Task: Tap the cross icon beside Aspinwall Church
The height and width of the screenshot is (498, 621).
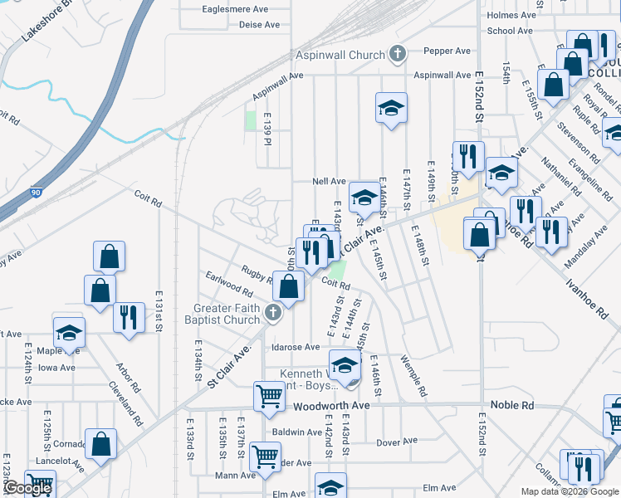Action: click(398, 55)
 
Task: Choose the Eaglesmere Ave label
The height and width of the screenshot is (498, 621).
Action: click(236, 10)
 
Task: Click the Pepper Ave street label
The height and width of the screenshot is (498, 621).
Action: click(447, 51)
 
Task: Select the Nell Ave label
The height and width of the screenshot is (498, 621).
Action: click(328, 181)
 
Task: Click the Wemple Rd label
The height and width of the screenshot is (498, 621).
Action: click(413, 376)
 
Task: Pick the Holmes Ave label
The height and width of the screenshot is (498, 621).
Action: click(512, 15)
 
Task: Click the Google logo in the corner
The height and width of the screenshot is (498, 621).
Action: click(27, 488)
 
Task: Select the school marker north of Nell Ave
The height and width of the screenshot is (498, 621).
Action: click(391, 108)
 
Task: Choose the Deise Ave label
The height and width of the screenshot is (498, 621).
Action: click(259, 25)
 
